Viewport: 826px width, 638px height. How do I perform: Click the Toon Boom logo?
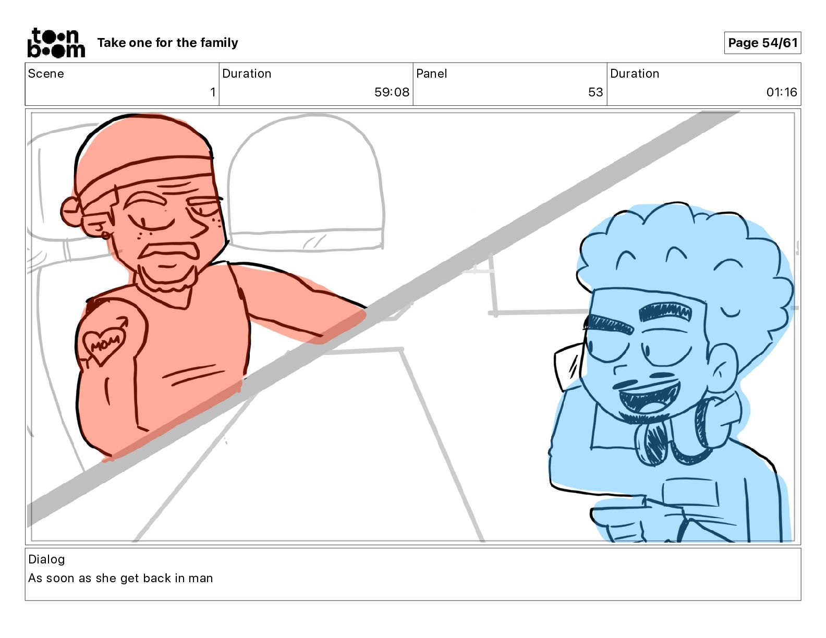[x=56, y=43]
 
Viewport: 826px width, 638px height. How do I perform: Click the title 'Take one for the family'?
[x=167, y=43]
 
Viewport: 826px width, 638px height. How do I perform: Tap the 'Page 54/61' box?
[x=762, y=43]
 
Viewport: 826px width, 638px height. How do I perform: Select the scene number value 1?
[x=213, y=92]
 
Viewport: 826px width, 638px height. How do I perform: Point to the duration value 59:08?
[x=392, y=92]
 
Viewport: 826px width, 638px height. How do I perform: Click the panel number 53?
[x=596, y=92]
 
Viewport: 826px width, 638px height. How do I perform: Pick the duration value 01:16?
[x=781, y=92]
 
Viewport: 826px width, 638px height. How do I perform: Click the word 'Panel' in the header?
[x=431, y=73]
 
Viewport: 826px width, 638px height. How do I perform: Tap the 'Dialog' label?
[x=46, y=559]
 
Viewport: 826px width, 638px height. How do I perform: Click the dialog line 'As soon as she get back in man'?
[x=120, y=578]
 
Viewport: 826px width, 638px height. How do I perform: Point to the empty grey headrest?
[x=306, y=182]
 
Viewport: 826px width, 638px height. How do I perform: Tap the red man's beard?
[x=167, y=279]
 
